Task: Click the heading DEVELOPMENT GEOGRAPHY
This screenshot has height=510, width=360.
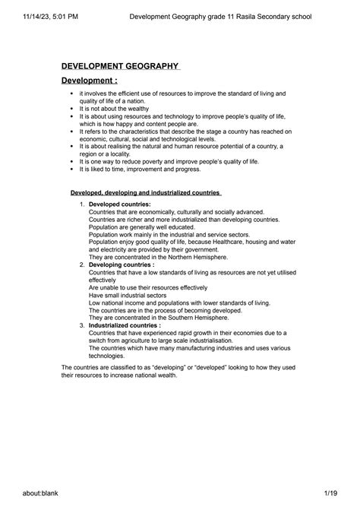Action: tap(119, 68)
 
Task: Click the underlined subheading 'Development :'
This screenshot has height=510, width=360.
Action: tap(90, 81)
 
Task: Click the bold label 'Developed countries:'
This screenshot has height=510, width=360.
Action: tap(120, 204)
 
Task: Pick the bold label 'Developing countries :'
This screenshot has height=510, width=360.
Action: tap(123, 264)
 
